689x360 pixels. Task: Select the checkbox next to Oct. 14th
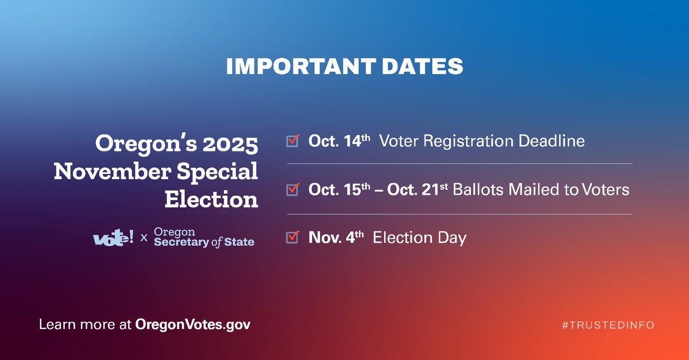click(293, 141)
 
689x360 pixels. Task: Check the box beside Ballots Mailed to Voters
click(293, 189)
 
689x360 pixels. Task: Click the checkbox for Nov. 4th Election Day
click(293, 237)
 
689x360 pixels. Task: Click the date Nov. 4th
click(336, 237)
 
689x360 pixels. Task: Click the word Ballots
click(475, 189)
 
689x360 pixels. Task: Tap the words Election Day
click(420, 237)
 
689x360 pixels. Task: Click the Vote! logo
click(113, 237)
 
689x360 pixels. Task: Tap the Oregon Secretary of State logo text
click(203, 237)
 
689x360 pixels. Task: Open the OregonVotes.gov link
click(193, 324)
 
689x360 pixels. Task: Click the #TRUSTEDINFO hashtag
click(608, 325)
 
